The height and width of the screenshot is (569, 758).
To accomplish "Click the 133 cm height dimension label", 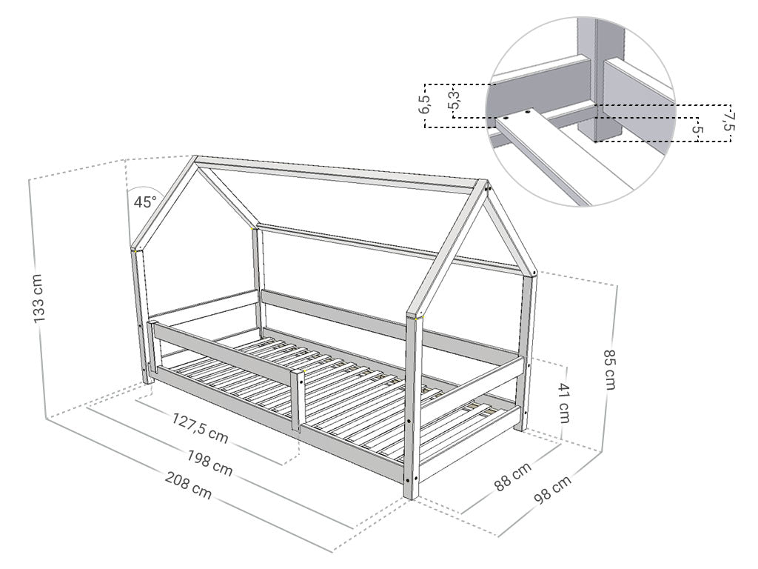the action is [38, 299].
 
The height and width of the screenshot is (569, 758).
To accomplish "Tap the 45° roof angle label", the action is [145, 202].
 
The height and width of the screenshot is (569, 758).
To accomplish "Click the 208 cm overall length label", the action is [189, 485].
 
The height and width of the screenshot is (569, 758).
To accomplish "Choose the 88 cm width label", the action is [512, 476].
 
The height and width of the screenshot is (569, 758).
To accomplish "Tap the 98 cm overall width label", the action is [553, 490].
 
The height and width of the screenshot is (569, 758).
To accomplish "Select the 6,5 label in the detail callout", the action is [424, 104].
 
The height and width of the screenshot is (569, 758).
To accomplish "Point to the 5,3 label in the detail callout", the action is [454, 99].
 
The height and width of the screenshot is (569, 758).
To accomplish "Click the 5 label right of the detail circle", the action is [697, 129].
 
